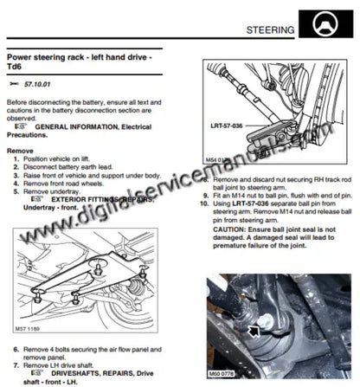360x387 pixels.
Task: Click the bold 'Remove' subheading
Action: (21, 150)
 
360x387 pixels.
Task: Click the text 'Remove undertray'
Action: (60, 191)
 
